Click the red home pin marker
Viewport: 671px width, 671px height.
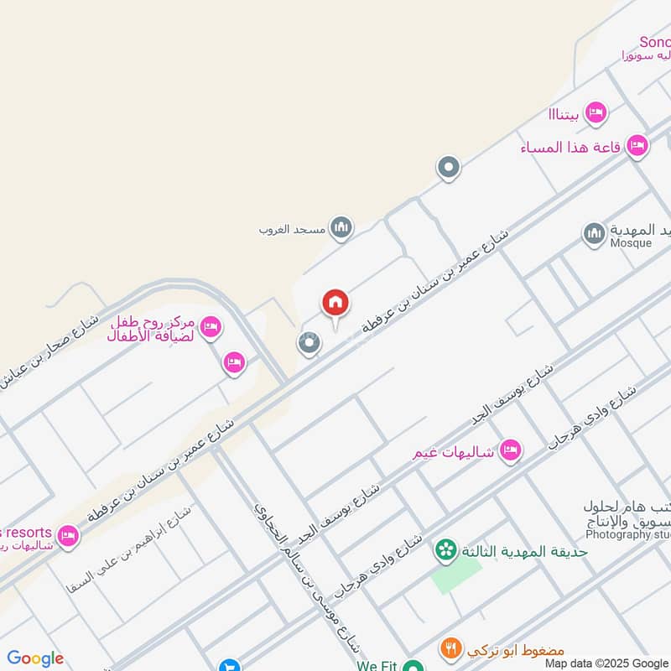click(x=335, y=304)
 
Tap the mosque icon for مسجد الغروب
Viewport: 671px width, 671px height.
click(x=341, y=227)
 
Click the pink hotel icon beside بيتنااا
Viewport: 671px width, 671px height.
click(x=596, y=112)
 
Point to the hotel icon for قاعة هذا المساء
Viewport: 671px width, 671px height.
click(x=637, y=146)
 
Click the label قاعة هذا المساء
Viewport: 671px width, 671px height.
click(x=570, y=148)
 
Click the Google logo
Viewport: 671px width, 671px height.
click(x=35, y=658)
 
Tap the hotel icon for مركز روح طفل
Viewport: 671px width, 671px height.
click(x=211, y=325)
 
